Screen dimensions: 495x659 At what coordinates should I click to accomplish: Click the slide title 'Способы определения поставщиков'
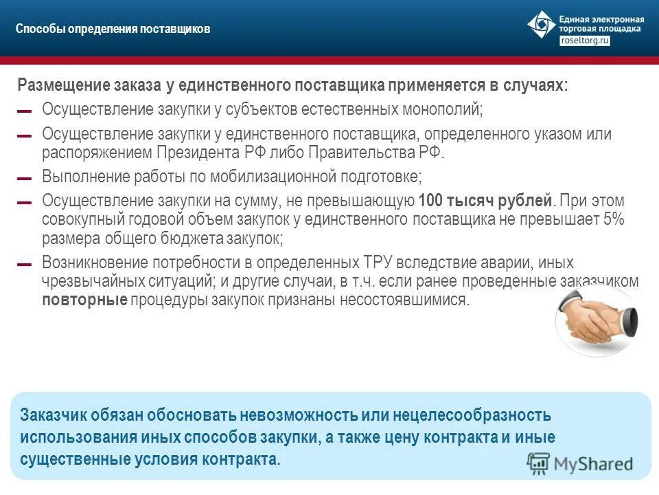[113, 30]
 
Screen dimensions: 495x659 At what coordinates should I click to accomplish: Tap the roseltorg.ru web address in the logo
[585, 41]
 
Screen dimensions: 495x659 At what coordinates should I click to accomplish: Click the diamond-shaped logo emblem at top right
[542, 25]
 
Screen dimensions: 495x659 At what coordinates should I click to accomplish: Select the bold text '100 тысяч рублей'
[485, 201]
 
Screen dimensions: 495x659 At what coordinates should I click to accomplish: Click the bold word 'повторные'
[84, 301]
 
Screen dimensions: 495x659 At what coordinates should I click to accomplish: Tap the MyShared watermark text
[594, 463]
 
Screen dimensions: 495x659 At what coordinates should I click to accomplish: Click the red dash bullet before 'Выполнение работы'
[25, 179]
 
